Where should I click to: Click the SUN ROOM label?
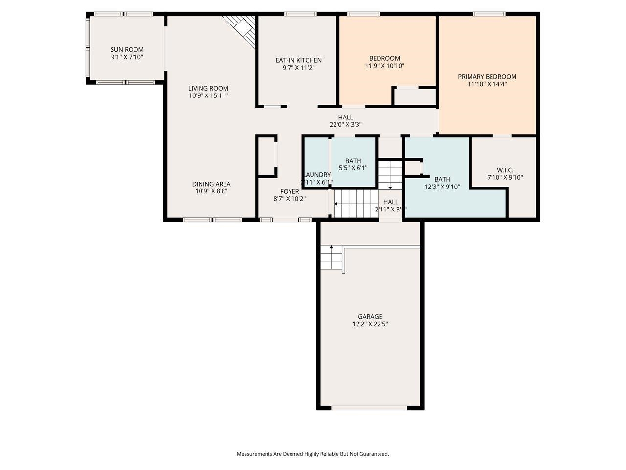tap(127, 49)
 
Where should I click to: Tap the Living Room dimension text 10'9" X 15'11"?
tap(208, 95)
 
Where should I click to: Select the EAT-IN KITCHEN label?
tap(298, 60)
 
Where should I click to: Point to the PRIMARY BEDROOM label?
tap(487, 76)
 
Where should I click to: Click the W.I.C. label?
tap(505, 170)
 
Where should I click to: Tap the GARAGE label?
tap(370, 316)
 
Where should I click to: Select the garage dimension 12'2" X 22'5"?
tap(370, 324)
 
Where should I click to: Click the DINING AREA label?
tap(211, 184)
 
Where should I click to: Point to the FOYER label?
tap(290, 191)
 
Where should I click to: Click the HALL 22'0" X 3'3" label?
tap(345, 117)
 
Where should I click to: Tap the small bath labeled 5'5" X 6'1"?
tap(353, 164)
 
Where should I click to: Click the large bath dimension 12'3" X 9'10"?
tap(442, 186)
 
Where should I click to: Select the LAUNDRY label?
tap(317, 175)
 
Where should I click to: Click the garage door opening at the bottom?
tap(369, 407)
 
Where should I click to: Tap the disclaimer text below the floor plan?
tap(313, 454)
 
